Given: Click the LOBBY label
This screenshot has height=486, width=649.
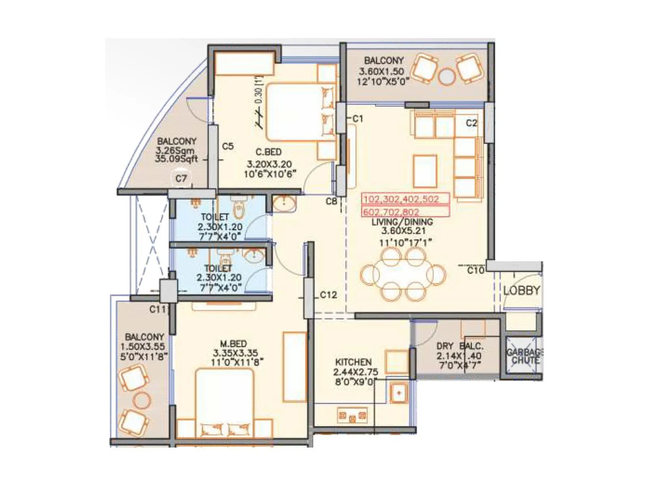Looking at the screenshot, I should click(x=522, y=290).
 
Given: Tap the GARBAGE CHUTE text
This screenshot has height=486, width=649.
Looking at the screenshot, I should click(x=525, y=356).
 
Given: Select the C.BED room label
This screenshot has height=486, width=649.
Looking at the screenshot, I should click(x=269, y=152).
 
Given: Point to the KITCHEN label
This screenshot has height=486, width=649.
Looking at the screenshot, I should click(x=353, y=362).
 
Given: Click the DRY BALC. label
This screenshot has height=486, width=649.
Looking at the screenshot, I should click(x=460, y=346).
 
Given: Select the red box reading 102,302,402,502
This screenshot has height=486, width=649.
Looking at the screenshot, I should click(x=405, y=199).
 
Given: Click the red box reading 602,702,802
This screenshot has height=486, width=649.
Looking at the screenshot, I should click(x=405, y=212).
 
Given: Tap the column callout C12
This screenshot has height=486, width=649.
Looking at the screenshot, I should click(x=328, y=295).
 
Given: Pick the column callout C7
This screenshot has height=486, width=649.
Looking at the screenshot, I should click(x=181, y=179).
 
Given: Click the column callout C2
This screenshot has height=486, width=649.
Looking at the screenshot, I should click(x=471, y=123).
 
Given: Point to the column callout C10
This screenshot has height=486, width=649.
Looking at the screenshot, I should click(x=475, y=270).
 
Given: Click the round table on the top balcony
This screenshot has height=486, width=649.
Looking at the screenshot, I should click(x=447, y=77).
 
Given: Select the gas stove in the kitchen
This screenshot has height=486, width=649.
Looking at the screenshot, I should click(x=352, y=416).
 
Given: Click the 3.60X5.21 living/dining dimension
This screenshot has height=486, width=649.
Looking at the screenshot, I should click(x=403, y=231).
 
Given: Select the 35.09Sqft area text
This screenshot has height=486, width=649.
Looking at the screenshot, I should click(x=176, y=159).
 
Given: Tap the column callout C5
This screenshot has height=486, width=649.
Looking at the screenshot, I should click(x=228, y=146).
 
